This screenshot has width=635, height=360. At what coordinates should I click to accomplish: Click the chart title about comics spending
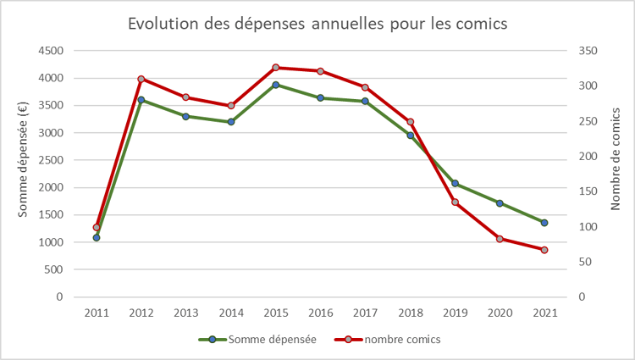317,24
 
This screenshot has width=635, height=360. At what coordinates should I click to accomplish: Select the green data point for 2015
276,85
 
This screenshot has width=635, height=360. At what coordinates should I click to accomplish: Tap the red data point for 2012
141,79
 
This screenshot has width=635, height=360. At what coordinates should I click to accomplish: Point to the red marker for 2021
544,250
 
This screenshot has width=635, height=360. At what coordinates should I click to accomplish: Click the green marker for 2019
455,183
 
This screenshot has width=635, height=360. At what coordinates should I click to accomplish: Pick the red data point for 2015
276,67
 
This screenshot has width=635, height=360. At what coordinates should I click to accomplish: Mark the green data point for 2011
97,237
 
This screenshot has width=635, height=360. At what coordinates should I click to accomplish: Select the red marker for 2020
500,239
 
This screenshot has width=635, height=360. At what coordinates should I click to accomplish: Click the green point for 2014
231,122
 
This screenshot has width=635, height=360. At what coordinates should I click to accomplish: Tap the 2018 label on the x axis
410,313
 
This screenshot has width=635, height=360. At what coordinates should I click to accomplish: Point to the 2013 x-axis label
186,313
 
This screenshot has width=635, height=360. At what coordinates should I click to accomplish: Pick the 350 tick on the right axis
588,51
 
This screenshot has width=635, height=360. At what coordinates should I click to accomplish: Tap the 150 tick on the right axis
588,191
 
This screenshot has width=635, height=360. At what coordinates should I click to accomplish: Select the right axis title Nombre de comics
616,165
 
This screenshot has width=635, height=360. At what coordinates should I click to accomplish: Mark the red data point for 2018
410,121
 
